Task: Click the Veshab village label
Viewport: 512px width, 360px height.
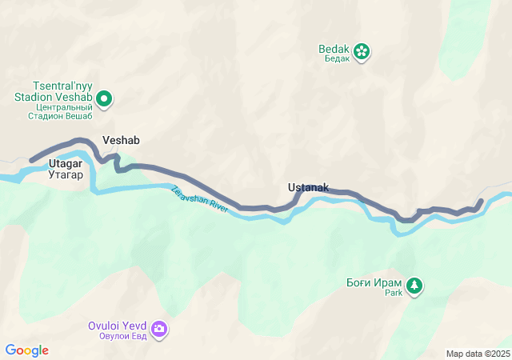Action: pos(121,140)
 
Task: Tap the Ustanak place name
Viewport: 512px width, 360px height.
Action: pos(308,187)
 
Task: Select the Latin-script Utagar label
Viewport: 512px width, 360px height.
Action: pos(66,163)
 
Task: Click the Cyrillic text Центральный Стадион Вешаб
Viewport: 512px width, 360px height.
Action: pos(63,112)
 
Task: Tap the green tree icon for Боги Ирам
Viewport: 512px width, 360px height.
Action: pos(414,286)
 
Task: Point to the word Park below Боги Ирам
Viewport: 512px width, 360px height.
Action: pos(393,293)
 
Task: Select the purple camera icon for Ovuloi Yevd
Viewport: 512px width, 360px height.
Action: pos(159,329)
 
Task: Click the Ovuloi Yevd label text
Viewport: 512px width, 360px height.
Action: pos(118,326)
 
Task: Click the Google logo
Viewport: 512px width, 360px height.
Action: pos(26,350)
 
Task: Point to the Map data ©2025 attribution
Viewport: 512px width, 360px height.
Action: pos(478,354)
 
